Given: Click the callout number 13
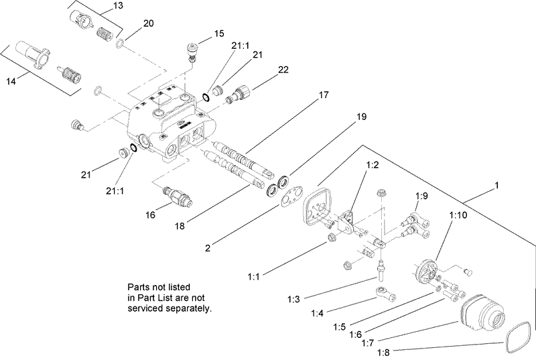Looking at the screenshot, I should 118,6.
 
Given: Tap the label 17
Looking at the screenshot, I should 324,95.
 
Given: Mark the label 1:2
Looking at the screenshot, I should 373,164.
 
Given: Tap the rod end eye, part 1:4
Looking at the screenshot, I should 383,294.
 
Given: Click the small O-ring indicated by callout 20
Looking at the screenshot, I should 119,44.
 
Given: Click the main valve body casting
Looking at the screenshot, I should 171,124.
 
